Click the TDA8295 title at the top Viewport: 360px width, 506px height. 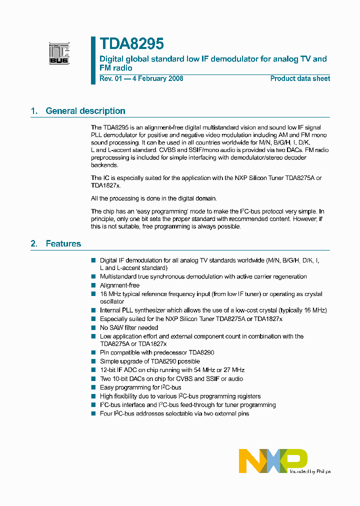(x=131, y=44)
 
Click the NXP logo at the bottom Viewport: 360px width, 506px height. (x=273, y=460)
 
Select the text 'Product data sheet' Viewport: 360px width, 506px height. (x=300, y=78)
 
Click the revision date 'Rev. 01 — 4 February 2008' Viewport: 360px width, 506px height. (x=141, y=78)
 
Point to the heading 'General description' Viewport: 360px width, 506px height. (x=85, y=111)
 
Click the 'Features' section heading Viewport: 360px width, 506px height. (x=63, y=243)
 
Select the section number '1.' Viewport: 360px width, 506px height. (x=34, y=111)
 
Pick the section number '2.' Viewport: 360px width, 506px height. (x=34, y=243)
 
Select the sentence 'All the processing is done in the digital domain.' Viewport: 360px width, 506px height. (x=154, y=198)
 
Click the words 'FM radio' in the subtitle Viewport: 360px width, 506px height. (x=116, y=67)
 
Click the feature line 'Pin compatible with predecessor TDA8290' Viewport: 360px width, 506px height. (x=157, y=352)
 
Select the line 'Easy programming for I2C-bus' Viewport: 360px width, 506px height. (x=140, y=387)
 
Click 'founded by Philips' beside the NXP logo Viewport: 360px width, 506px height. (x=309, y=471)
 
